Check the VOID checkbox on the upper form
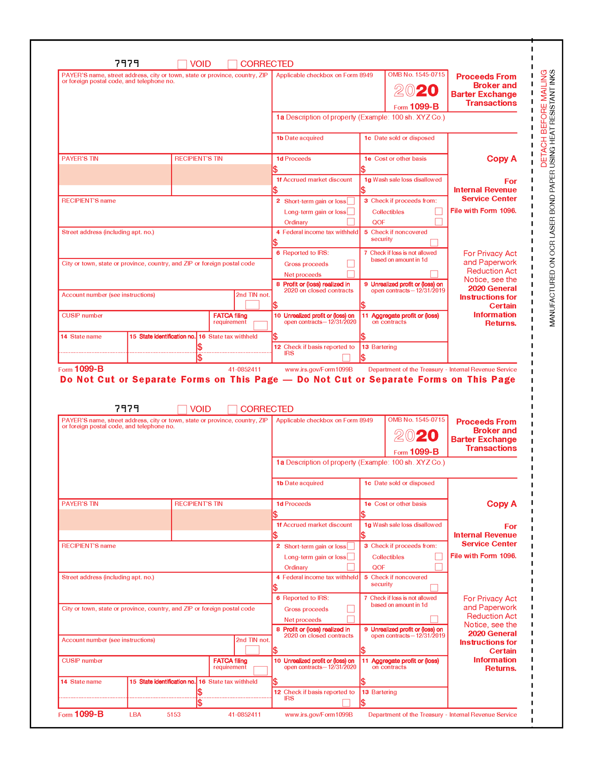[182, 64]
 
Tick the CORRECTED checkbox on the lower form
[233, 409]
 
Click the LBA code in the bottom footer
[135, 714]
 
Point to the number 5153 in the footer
[173, 714]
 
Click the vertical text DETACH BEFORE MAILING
[544, 119]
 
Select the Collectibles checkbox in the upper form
[439, 212]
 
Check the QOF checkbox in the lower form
[439, 567]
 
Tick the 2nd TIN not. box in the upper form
[252, 304]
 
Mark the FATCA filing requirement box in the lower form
[260, 670]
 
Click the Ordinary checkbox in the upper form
[351, 222]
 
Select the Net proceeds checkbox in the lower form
[351, 619]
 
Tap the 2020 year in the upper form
[416, 90]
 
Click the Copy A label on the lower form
[501, 504]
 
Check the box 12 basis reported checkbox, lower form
[346, 702]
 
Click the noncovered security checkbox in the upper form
[434, 243]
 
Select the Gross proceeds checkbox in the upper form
[351, 264]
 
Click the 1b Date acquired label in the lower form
[300, 483]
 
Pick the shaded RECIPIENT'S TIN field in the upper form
[221, 175]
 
